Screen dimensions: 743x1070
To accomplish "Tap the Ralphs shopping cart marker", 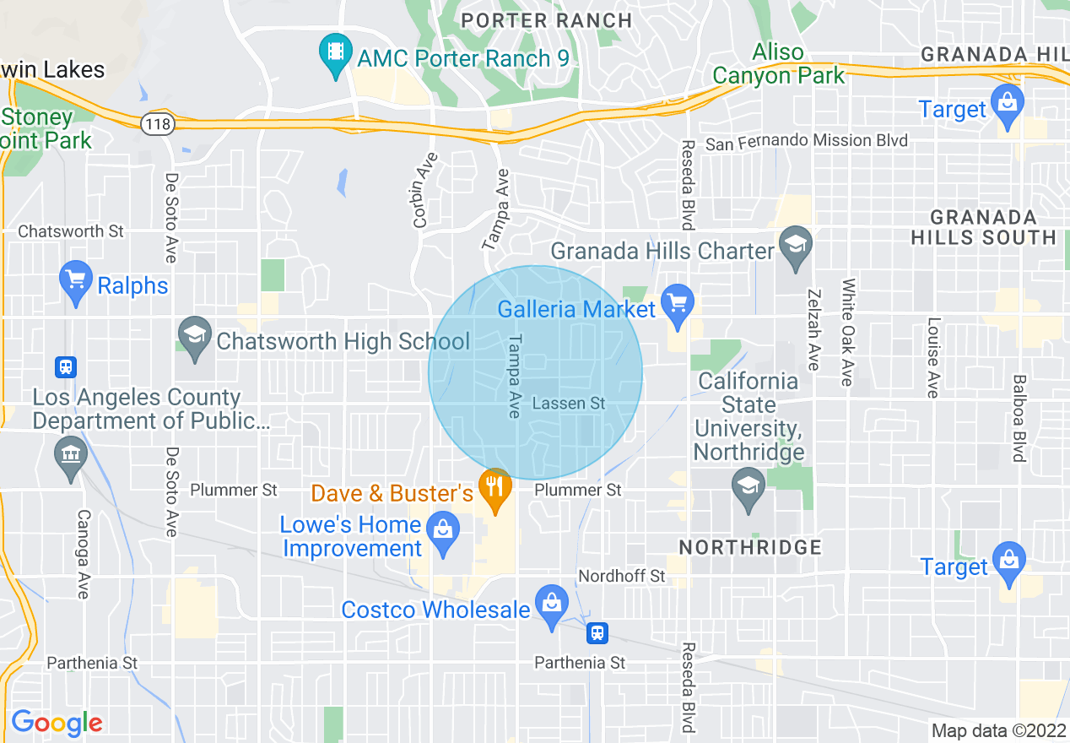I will (x=76, y=281).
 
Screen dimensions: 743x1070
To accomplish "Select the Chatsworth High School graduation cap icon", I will (x=195, y=337).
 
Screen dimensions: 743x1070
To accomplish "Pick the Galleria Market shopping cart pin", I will (x=678, y=305).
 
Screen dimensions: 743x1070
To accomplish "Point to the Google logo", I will (x=57, y=723).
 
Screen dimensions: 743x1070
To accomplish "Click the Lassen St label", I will (x=569, y=404).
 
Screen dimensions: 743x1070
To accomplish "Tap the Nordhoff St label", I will (x=622, y=576).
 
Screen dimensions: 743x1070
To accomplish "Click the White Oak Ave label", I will (x=848, y=332).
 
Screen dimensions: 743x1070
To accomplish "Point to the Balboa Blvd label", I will (x=1019, y=418).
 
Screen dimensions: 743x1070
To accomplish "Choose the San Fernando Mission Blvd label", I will (x=806, y=142).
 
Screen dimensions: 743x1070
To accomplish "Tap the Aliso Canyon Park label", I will (x=778, y=63).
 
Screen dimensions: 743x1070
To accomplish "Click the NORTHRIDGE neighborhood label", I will (x=750, y=547).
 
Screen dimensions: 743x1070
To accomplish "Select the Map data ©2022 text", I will (x=999, y=730).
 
